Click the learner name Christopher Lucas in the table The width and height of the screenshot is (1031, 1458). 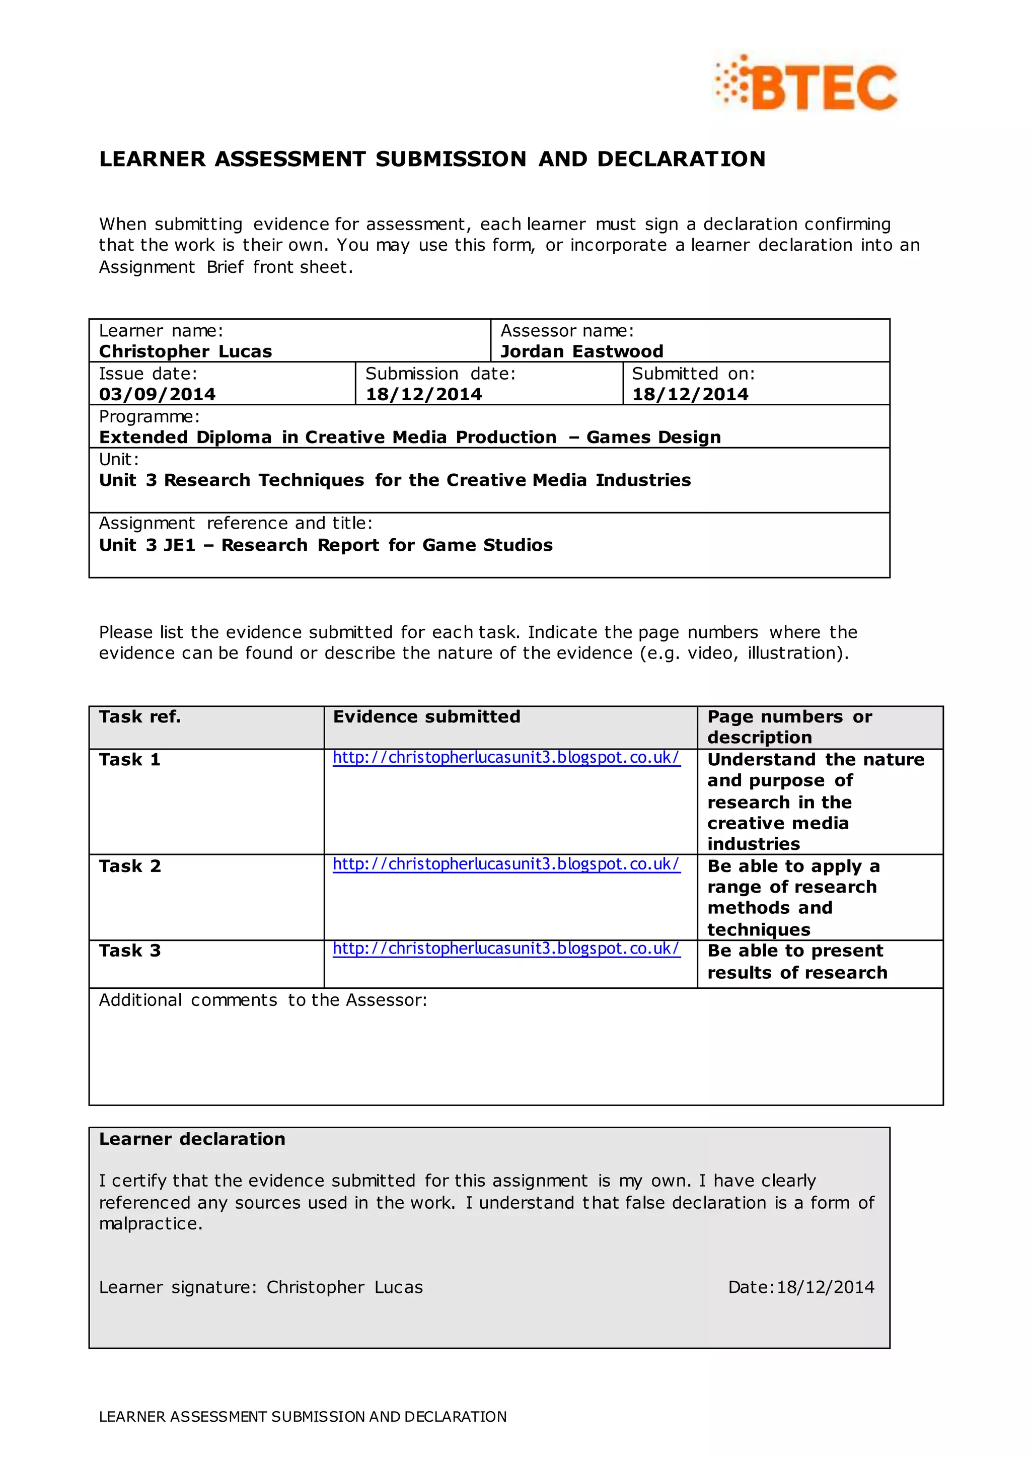185,351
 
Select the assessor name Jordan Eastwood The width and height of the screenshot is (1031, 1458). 581,351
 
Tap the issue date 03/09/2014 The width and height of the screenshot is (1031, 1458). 157,394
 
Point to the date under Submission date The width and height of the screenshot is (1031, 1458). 423,394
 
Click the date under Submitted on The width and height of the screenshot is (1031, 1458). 690,394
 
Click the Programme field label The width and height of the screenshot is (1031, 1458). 149,416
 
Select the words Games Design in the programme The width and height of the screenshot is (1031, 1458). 653,438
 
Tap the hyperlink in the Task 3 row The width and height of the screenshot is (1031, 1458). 506,948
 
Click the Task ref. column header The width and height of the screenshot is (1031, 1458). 139,717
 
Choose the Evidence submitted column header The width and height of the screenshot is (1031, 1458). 426,717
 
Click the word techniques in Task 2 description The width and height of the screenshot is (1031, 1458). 759,930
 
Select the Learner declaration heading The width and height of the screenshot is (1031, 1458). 192,1139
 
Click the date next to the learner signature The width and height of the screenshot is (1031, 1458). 825,1287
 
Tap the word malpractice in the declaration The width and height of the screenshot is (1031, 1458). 150,1224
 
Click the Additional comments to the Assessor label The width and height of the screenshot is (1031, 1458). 263,1000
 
